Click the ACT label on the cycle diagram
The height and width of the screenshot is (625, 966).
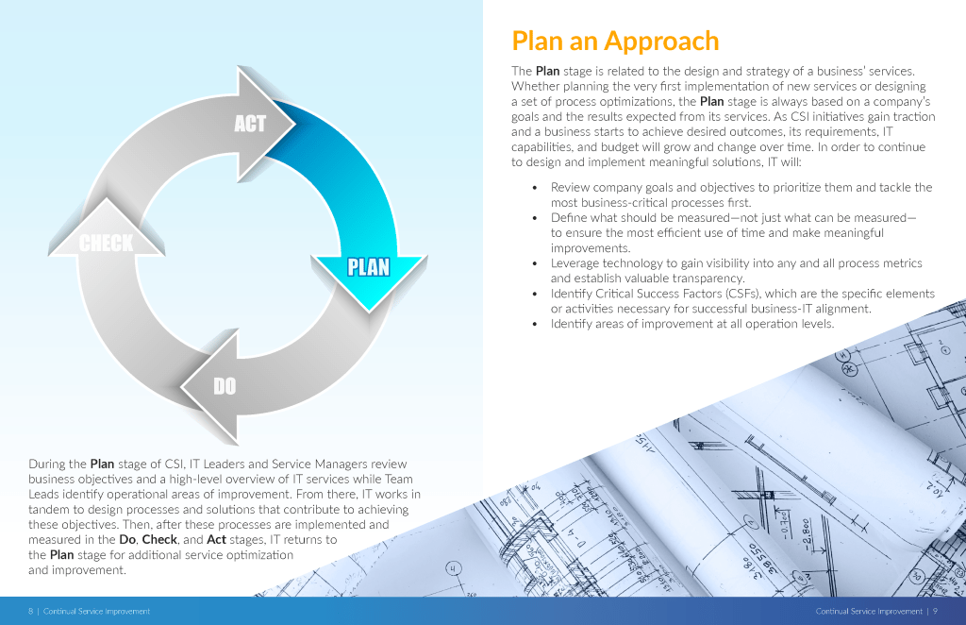coord(249,124)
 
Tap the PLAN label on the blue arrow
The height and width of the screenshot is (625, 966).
coord(369,267)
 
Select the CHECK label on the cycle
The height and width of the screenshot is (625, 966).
coord(106,243)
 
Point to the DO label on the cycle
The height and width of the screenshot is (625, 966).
coord(225,386)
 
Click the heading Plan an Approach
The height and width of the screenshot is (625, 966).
coord(615,42)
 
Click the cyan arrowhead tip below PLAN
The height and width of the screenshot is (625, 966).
coord(370,312)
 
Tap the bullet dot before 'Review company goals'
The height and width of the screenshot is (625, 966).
coord(535,187)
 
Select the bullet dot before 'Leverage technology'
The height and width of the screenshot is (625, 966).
coord(535,263)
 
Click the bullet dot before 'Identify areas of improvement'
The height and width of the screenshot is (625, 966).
coord(535,324)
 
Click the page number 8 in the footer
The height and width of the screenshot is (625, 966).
coord(30,612)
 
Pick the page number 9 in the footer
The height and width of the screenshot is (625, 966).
coord(935,612)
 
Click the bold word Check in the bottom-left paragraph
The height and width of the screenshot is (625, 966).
coord(159,539)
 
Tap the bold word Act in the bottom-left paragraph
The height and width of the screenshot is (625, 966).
coord(217,539)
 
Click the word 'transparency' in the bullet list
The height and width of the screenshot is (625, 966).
coord(708,279)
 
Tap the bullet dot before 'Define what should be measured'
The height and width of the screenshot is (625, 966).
coord(535,217)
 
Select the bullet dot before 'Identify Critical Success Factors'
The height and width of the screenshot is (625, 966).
coord(535,294)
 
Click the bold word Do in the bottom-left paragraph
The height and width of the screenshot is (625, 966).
coord(127,539)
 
